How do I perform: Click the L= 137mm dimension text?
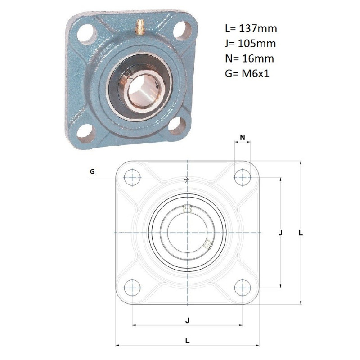tap(251, 28)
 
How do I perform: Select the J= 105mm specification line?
tap(250, 43)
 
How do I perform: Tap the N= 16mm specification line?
tap(249, 58)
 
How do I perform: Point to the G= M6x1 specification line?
tap(247, 74)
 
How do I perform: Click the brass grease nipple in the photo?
tap(140, 27)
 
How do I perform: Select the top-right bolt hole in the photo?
tap(182, 31)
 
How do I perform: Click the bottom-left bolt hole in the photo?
tap(86, 133)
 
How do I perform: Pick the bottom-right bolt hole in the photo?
tap(177, 126)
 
